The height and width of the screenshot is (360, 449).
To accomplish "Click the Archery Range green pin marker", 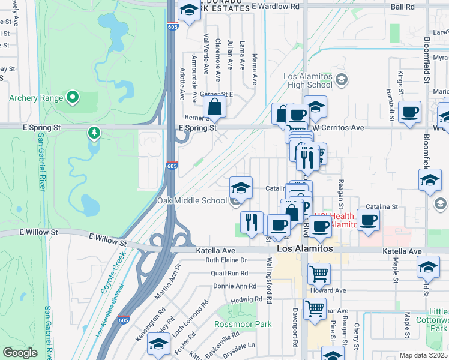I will (72, 96).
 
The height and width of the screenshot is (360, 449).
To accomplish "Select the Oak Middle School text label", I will (192, 200).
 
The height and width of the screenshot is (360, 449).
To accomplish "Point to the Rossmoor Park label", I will (243, 324).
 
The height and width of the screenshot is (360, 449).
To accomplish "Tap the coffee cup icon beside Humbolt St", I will (410, 112).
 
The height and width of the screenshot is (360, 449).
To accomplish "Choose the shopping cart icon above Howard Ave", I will (319, 274).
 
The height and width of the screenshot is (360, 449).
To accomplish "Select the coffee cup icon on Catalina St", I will (368, 220).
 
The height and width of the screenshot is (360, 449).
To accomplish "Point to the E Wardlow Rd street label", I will (276, 7).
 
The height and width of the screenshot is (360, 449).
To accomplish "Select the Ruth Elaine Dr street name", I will (226, 260).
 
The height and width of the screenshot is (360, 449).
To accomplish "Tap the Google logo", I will (20, 353).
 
